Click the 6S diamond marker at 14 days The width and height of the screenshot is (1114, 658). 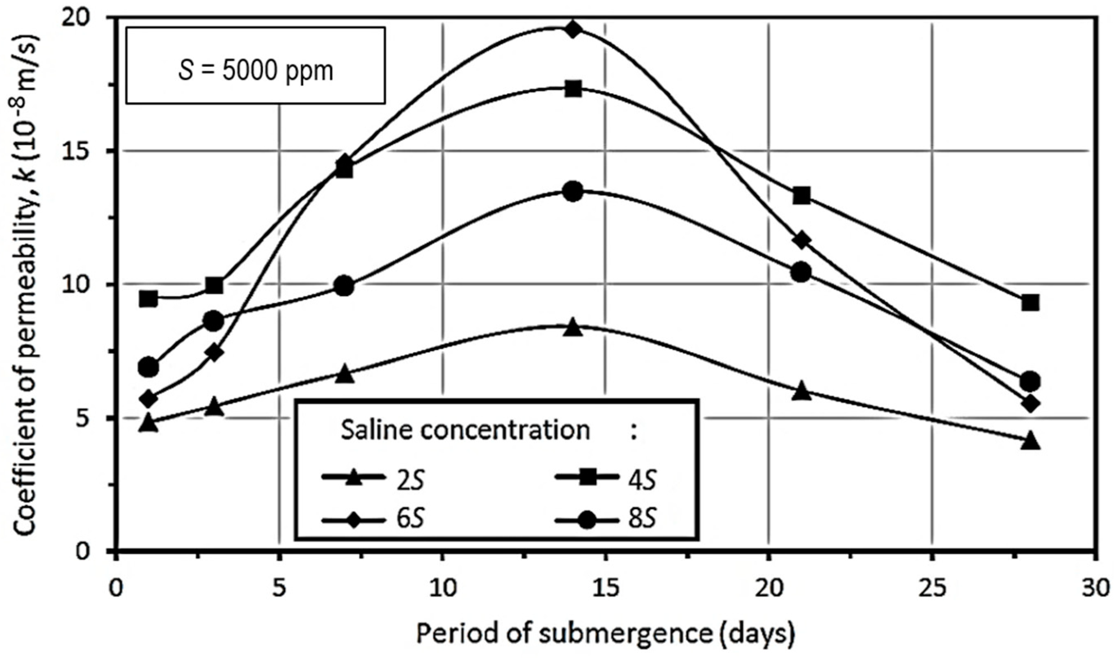(573, 30)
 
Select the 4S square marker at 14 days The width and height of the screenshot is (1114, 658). (573, 89)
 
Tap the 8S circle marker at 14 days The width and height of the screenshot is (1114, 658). (573, 192)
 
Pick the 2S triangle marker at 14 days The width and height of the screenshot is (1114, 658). (573, 328)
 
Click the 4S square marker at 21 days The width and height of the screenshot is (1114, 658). (802, 195)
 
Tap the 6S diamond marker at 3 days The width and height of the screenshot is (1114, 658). (214, 353)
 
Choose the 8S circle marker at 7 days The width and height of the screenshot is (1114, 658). (345, 286)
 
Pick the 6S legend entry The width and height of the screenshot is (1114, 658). (373, 517)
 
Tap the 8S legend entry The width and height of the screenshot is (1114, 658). (605, 517)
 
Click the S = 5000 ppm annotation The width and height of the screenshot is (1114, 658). (256, 71)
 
